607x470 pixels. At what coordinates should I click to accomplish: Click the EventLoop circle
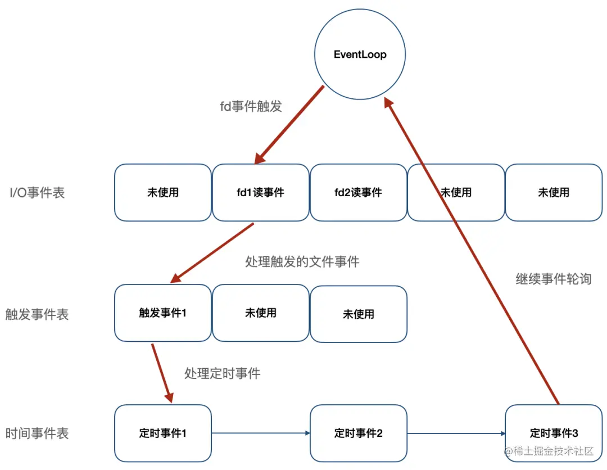tap(360, 55)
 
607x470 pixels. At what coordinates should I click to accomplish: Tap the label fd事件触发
tap(251, 106)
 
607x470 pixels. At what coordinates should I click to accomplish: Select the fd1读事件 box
tap(260, 192)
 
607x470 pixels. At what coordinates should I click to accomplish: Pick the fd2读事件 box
tap(358, 192)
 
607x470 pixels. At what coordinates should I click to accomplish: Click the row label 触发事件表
tap(37, 314)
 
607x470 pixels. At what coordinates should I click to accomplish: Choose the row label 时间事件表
tap(37, 433)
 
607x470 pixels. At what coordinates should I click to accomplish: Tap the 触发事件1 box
tap(162, 313)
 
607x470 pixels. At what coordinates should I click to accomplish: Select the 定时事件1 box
tap(162, 433)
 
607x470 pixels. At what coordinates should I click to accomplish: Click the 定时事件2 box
tap(358, 433)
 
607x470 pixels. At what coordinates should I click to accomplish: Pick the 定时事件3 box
tap(554, 433)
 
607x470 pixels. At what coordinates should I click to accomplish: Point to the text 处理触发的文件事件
tap(302, 261)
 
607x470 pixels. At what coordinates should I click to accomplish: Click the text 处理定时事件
tap(222, 373)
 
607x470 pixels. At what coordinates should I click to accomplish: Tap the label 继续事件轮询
tap(553, 279)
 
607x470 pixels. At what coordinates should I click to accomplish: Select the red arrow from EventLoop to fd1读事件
tap(289, 125)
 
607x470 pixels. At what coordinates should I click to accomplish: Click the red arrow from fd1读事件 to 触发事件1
tap(212, 252)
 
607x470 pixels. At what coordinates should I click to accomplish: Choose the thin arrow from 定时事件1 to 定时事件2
tap(261, 433)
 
